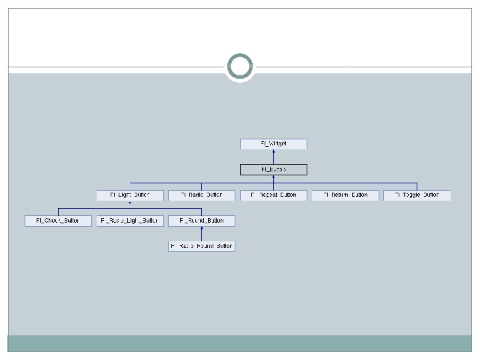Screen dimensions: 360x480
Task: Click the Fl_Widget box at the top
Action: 273,144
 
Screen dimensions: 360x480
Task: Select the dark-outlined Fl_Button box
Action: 273,169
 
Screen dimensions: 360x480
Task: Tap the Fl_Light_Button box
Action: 129,195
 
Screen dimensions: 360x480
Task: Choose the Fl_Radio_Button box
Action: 201,195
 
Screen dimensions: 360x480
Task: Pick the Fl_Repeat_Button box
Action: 273,195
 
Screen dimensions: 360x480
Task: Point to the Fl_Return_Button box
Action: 345,195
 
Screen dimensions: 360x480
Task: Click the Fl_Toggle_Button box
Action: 417,195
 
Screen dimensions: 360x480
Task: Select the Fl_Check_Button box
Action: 58,221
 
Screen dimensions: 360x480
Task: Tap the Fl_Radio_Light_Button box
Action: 129,221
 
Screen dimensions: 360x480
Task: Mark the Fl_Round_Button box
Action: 201,221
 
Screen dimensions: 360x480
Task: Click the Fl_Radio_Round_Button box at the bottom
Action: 201,246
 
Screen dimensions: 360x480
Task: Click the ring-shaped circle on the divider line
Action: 240,67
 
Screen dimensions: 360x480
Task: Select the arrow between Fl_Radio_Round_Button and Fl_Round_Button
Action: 201,233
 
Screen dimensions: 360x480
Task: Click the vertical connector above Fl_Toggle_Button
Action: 417,186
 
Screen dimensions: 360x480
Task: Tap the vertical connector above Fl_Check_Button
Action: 58,211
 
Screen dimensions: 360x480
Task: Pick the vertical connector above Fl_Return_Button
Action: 345,186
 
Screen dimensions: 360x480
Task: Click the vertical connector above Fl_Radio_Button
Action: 201,186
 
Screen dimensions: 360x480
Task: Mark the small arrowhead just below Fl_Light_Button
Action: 129,203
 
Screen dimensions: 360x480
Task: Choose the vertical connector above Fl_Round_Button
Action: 201,211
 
